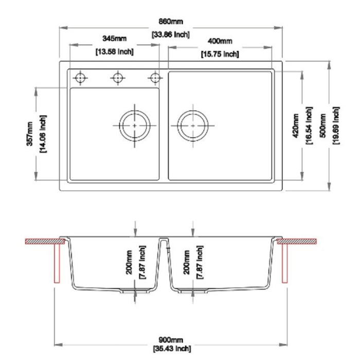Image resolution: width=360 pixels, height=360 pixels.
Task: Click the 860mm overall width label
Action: pos(171,22)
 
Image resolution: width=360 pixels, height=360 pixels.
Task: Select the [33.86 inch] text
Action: pos(171,35)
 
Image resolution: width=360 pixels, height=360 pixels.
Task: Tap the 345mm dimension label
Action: pos(114,39)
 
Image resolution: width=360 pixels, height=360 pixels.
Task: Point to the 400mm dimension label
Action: pos(220,41)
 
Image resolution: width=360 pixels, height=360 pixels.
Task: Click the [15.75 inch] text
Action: pos(220,53)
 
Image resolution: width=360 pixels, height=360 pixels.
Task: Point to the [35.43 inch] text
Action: pos(171,349)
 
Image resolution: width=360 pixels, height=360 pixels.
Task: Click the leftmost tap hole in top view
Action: pos(80,78)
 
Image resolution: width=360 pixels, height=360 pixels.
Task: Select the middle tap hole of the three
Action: pos(117,78)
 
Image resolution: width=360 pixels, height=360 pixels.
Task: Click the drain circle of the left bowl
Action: pos(135,125)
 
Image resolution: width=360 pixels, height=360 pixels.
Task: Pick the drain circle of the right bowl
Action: pos(193,125)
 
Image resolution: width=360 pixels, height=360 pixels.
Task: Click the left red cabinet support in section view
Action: pos(57,262)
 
